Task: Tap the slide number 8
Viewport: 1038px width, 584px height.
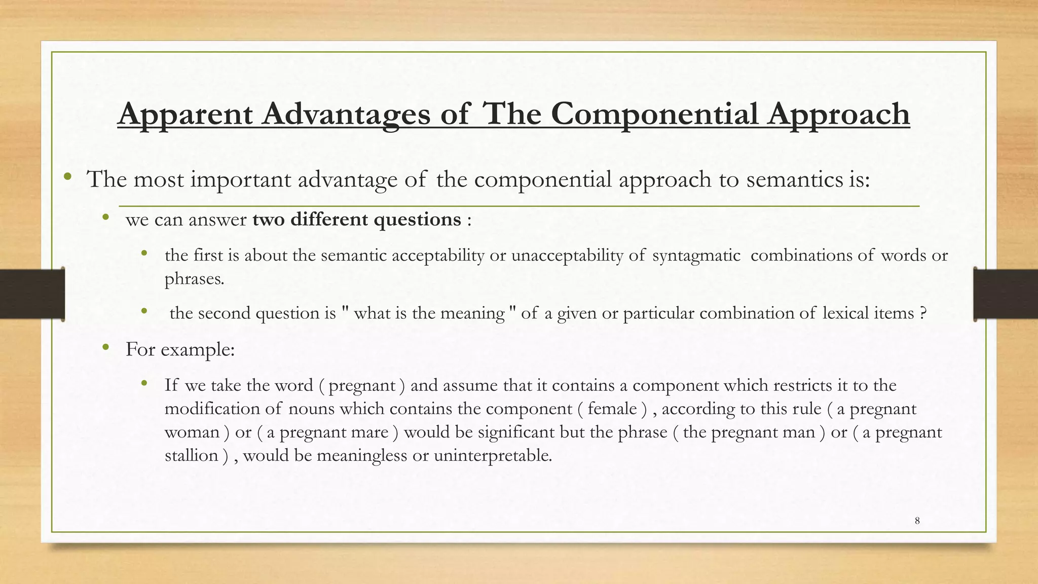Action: pos(917,521)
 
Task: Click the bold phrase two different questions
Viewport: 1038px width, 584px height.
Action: pos(357,220)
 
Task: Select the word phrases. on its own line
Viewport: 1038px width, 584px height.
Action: pos(194,279)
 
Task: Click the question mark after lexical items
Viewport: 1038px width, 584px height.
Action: pos(923,313)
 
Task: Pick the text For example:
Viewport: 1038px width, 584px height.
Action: pos(180,349)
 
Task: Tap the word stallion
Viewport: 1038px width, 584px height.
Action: pos(192,455)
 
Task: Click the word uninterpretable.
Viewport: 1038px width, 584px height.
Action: pos(493,455)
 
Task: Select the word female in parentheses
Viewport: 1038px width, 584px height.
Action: pos(612,409)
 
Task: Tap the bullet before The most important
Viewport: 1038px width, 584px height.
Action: pos(68,177)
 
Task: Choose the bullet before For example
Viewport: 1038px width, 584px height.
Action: pos(105,347)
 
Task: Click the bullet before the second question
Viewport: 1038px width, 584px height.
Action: pos(144,311)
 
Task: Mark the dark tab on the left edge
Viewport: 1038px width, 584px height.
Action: pos(32,294)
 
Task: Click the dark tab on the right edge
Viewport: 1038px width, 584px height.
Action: pos(1006,294)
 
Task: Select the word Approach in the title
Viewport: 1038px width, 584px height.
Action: pos(838,115)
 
